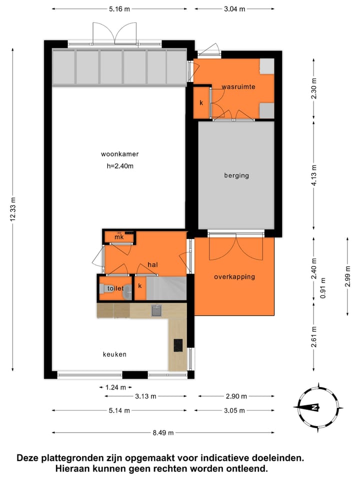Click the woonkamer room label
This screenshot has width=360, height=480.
point(119,154)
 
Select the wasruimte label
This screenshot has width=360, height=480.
point(238,87)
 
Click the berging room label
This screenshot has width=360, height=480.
point(236,175)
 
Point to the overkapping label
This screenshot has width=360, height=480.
point(234,276)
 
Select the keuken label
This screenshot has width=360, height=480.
point(114,354)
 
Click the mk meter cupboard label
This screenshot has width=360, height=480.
point(119,237)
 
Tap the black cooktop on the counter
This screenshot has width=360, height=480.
point(178,345)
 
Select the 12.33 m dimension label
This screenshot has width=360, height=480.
point(14,210)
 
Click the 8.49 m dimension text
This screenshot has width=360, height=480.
point(163,432)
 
